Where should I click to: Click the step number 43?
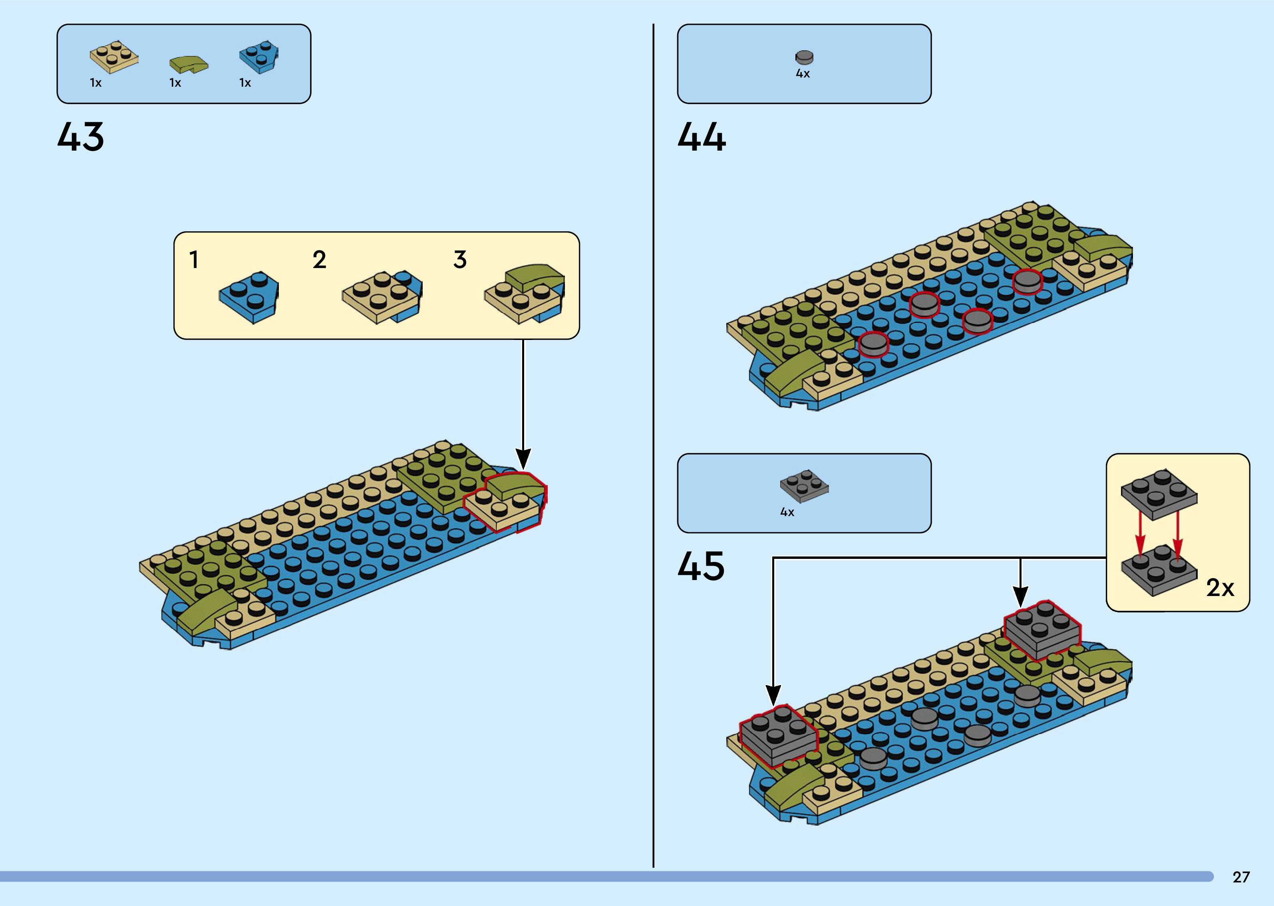(x=80, y=137)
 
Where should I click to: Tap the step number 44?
(x=702, y=137)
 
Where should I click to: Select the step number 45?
(x=701, y=566)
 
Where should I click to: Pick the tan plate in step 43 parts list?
(x=114, y=57)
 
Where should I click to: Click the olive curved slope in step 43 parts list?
(x=189, y=64)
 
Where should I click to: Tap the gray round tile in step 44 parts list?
(x=804, y=57)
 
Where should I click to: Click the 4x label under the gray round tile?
(x=803, y=74)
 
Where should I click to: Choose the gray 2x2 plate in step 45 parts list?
(x=804, y=485)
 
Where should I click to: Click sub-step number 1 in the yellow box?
(x=193, y=260)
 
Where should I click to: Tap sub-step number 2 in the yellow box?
(x=319, y=260)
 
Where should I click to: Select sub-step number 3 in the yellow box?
(x=459, y=260)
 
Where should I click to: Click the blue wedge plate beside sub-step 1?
(x=249, y=297)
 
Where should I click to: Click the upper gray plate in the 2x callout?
(x=1159, y=494)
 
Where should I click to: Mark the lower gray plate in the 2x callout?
(x=1159, y=570)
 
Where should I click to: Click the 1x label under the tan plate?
(x=95, y=83)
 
